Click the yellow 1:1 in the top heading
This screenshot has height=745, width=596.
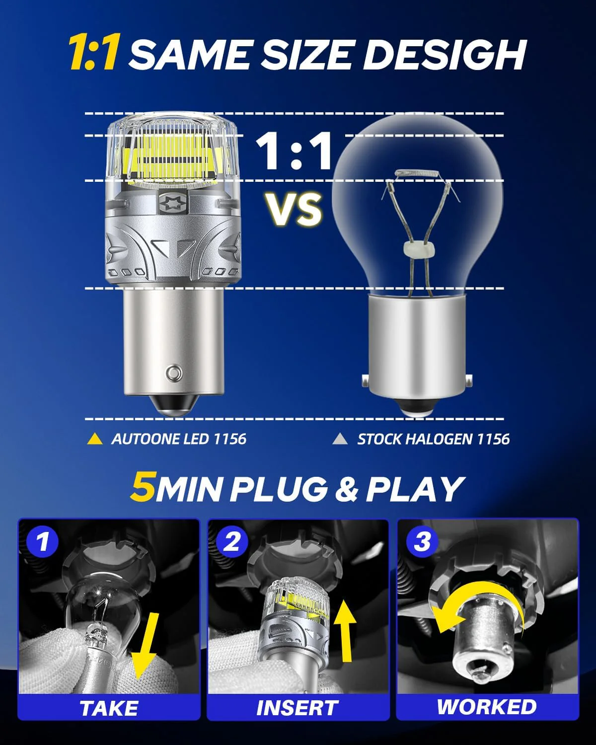pyautogui.click(x=93, y=53)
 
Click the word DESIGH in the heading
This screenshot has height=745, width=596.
pyautogui.click(x=445, y=54)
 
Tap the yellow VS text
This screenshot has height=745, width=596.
pyautogui.click(x=293, y=209)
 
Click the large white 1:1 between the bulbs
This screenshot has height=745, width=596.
pyautogui.click(x=294, y=151)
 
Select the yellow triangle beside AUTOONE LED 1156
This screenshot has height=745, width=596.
pyautogui.click(x=94, y=439)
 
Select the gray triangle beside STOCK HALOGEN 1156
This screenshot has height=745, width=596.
pyautogui.click(x=340, y=439)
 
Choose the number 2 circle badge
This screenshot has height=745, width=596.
pyautogui.click(x=231, y=541)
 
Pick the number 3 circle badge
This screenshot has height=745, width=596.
pyautogui.click(x=421, y=541)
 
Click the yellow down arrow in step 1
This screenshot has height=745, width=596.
pyautogui.click(x=144, y=646)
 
